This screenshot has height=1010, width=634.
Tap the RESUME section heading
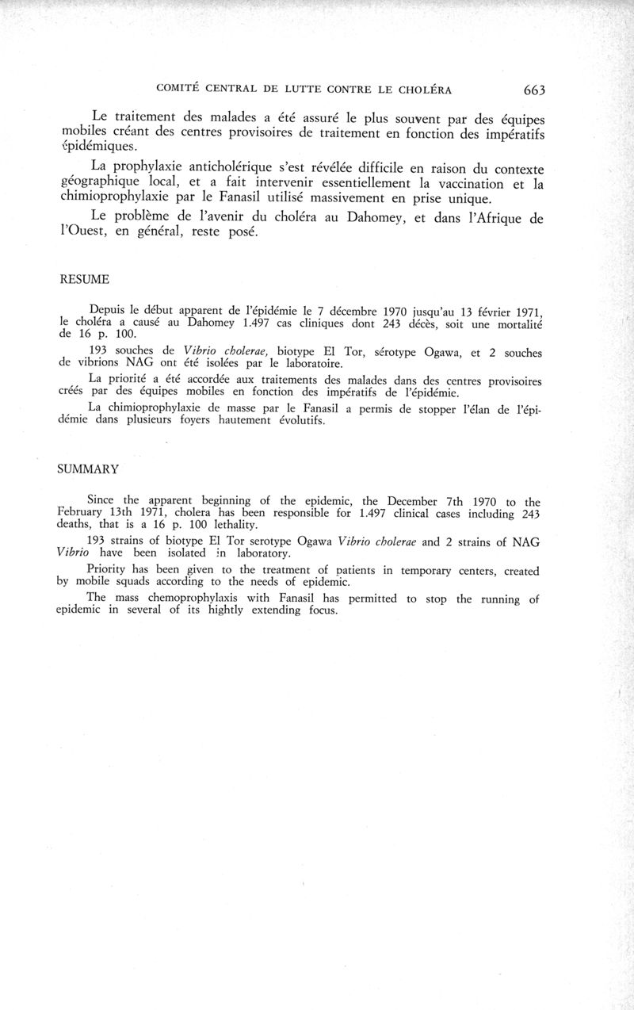[85, 279]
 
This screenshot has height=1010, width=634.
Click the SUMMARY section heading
[88, 469]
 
